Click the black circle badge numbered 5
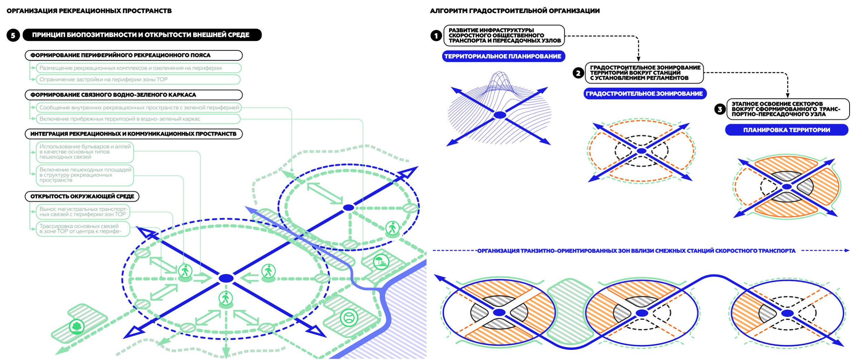(x=13, y=35)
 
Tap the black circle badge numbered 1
(x=436, y=36)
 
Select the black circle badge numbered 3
(x=720, y=109)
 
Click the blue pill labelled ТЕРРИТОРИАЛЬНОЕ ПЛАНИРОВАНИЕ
(x=503, y=56)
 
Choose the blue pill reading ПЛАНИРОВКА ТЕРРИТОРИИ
(x=786, y=130)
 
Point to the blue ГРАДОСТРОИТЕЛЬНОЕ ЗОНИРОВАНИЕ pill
(x=644, y=93)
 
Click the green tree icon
(x=77, y=326)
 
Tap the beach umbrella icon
(x=381, y=262)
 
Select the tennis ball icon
(x=349, y=317)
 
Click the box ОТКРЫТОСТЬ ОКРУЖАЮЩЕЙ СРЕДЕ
(x=82, y=196)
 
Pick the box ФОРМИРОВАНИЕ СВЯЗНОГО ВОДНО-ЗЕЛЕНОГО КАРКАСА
(x=133, y=95)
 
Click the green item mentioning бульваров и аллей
(x=85, y=152)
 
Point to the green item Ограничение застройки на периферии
(x=138, y=79)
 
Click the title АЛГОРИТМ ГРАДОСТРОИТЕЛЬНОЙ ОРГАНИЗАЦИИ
(x=514, y=11)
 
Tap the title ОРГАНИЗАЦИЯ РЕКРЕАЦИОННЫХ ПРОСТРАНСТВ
(x=89, y=11)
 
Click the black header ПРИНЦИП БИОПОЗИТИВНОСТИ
(x=142, y=35)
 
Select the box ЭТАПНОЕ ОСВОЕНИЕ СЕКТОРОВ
(x=788, y=109)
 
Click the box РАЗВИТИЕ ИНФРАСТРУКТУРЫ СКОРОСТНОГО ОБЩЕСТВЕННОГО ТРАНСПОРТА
(x=504, y=36)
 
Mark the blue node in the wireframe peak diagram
(x=500, y=115)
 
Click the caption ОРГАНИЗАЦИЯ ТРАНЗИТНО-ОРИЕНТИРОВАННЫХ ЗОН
(x=636, y=251)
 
